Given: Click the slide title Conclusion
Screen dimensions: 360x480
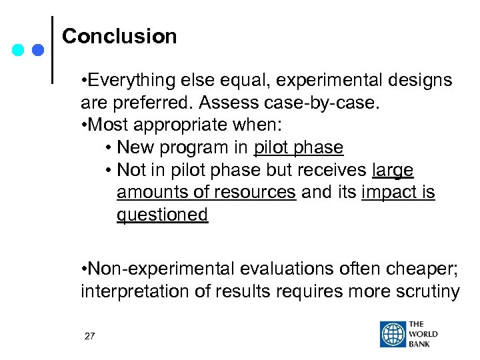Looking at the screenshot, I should tap(119, 36).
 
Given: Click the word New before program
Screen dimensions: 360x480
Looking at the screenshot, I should tap(135, 147).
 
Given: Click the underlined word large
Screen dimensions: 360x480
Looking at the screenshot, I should tap(393, 170).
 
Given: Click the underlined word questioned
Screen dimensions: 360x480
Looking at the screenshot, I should tap(162, 215).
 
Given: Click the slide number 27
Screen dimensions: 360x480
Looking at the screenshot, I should tap(90, 336).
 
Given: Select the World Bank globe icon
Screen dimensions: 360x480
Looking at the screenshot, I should tap(393, 335).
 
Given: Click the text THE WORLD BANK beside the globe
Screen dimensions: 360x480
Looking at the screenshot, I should tap(424, 335).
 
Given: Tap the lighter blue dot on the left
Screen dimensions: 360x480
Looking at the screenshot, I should tap(19, 50).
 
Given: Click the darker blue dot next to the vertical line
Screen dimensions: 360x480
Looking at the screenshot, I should tap(38, 50).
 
